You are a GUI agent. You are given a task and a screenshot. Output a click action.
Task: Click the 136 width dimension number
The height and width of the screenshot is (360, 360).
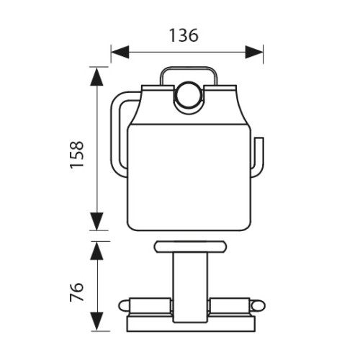click(184, 35)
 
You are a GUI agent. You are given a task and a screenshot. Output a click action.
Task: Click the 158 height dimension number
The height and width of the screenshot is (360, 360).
click(77, 155)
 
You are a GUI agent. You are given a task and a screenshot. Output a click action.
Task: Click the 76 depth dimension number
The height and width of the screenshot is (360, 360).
click(77, 292)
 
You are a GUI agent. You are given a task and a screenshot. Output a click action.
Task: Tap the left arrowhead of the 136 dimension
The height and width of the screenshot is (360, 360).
click(120, 52)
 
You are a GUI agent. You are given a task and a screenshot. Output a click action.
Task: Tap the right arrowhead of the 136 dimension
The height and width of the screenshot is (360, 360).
click(254, 52)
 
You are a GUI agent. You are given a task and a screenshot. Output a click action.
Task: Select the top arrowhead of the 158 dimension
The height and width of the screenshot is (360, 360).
click(96, 76)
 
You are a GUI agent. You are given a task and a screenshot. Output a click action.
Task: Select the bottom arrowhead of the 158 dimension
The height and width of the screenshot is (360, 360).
click(96, 221)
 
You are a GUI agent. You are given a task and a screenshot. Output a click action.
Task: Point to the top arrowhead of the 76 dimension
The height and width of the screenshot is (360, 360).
click(96, 251)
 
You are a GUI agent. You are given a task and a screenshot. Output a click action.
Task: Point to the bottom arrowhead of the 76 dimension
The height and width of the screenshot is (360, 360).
click(96, 321)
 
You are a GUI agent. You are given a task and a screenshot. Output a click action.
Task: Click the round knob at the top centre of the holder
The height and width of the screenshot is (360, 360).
click(188, 96)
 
